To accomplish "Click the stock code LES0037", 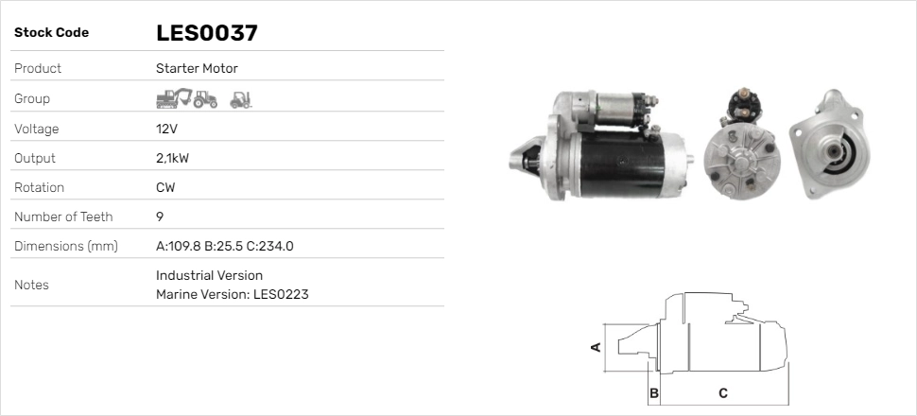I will (x=206, y=33).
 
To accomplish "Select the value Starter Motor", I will (x=197, y=68).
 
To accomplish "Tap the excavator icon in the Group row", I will (x=173, y=98).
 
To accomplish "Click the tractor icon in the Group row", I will (x=206, y=99).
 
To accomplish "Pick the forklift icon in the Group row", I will (x=241, y=98).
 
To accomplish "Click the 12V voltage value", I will (x=167, y=129).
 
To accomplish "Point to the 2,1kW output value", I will (x=172, y=158).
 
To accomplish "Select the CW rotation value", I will (x=165, y=187).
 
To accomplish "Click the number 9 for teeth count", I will (x=160, y=217).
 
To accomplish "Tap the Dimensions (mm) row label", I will (x=65, y=246).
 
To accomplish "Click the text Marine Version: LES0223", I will (x=232, y=294).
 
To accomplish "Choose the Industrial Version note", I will (x=209, y=275).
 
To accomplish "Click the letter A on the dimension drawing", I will (x=596, y=347).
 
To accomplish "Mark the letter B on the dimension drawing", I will (x=653, y=392).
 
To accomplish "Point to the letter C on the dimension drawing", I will (x=723, y=392).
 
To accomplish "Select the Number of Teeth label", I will (x=63, y=217).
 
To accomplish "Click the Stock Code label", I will (x=51, y=33).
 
